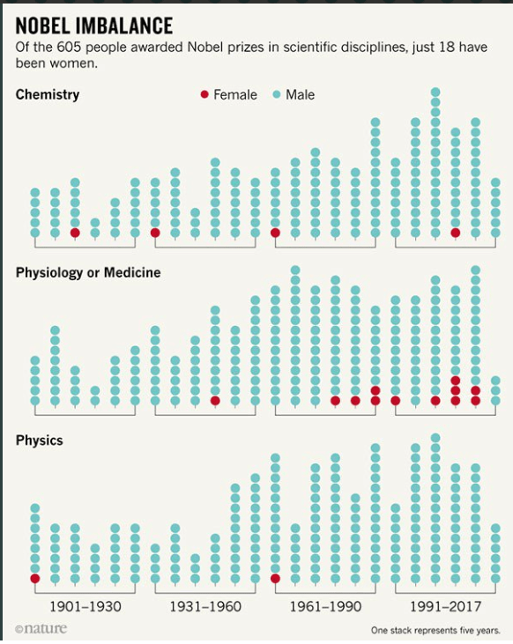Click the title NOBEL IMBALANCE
[94, 25]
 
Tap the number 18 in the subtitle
[439, 48]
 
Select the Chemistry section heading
[48, 94]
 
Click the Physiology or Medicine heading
[88, 273]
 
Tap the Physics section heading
[40, 440]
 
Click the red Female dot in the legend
[205, 95]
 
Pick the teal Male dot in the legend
[277, 95]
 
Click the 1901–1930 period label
[85, 607]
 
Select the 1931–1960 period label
[205, 607]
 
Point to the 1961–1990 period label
[325, 607]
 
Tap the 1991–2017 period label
[445, 607]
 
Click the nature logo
[41, 629]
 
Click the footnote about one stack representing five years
[435, 631]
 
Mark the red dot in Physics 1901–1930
[35, 579]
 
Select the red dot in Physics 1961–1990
[275, 579]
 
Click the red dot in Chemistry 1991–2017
[456, 233]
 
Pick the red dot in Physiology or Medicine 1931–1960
[215, 400]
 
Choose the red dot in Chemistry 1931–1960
[155, 233]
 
